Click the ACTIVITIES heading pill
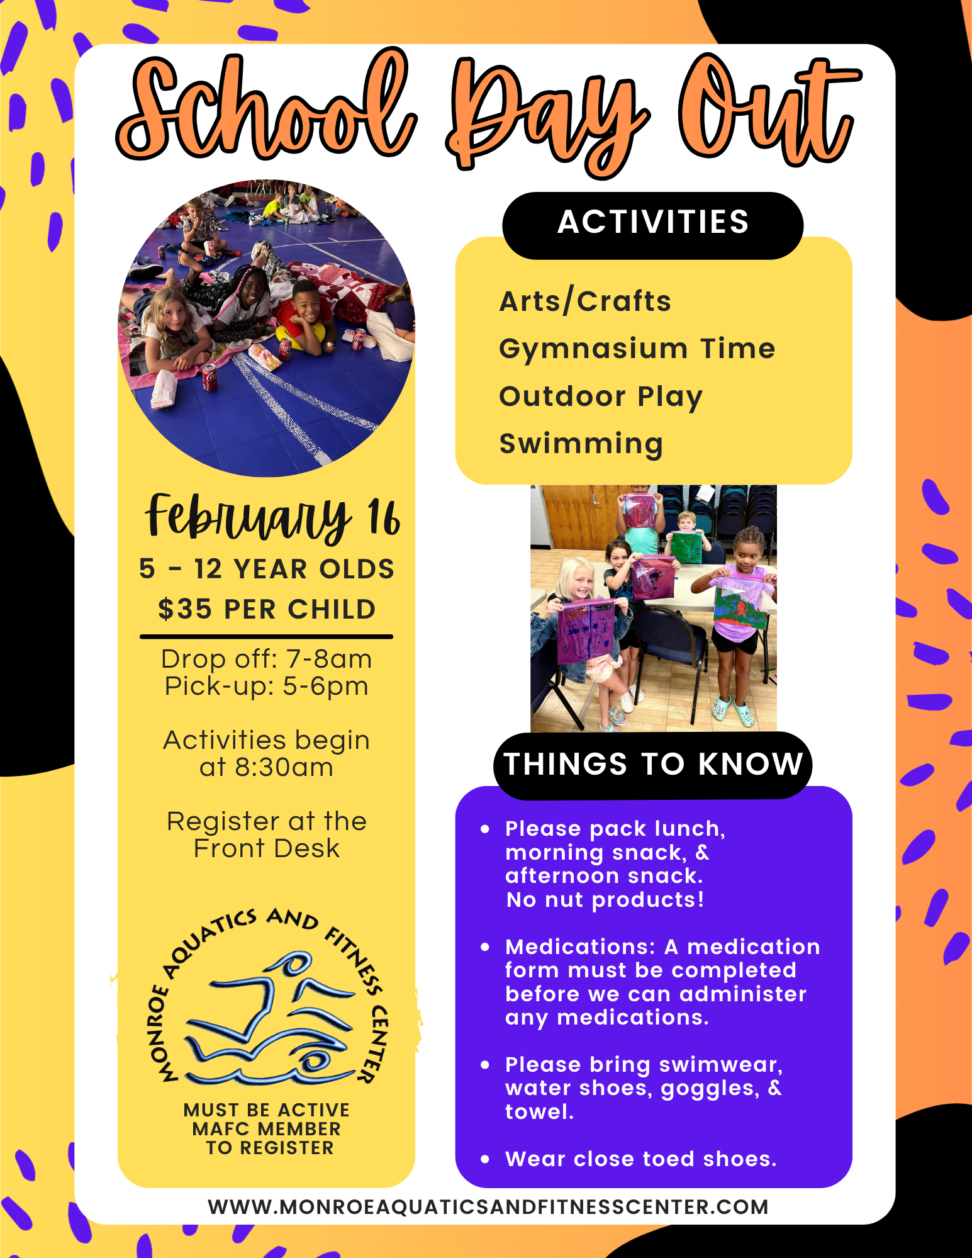pyautogui.click(x=652, y=223)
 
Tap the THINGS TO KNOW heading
pyautogui.click(x=653, y=765)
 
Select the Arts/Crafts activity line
pyautogui.click(x=585, y=301)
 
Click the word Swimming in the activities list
pyautogui.click(x=581, y=444)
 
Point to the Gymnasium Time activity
pyautogui.click(x=637, y=349)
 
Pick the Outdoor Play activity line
pyautogui.click(x=600, y=396)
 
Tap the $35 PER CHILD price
pyautogui.click(x=267, y=609)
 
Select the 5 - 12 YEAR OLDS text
pyautogui.click(x=267, y=569)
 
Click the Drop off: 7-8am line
pyautogui.click(x=267, y=659)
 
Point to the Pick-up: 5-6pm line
pyautogui.click(x=267, y=686)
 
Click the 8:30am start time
pyautogui.click(x=284, y=768)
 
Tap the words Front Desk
pyautogui.click(x=267, y=848)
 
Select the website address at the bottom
pyautogui.click(x=488, y=1207)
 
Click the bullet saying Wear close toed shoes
pyautogui.click(x=640, y=1159)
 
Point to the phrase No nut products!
pyautogui.click(x=605, y=900)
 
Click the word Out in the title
pyautogui.click(x=768, y=110)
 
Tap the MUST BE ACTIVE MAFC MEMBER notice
pyautogui.click(x=267, y=1128)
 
